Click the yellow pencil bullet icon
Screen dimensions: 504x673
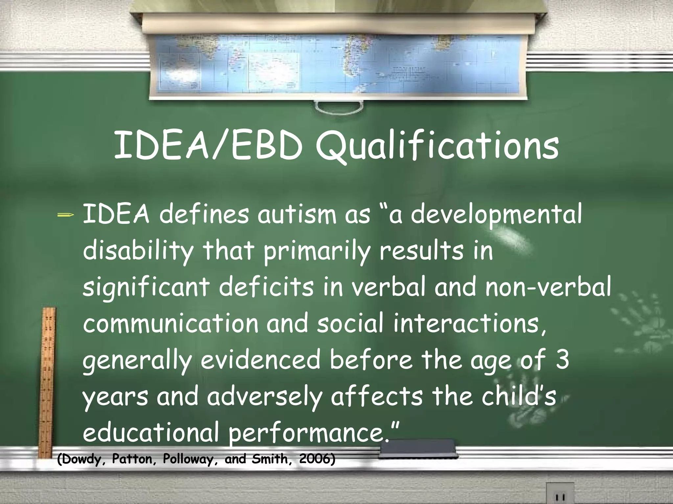click(65, 215)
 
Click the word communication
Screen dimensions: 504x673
click(171, 324)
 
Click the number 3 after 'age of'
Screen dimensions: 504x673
click(562, 360)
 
